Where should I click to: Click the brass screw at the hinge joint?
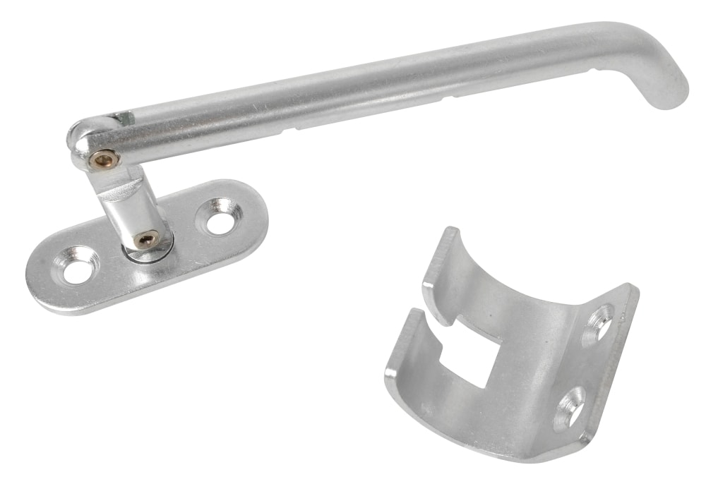104,160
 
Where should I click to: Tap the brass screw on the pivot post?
146,239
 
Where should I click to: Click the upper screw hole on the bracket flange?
600,325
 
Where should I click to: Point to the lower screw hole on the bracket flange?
570,408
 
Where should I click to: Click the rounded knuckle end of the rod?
83,140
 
